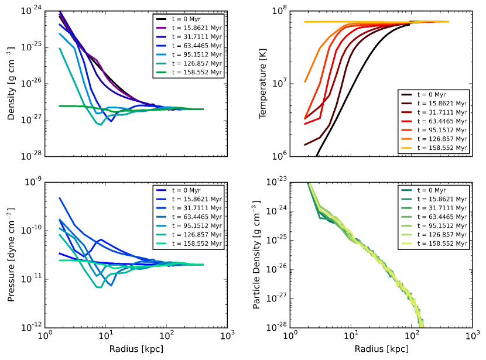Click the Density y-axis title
tap(11, 84)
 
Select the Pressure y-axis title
tap(11, 255)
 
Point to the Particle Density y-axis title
tap(256, 255)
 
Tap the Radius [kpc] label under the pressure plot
tap(136, 349)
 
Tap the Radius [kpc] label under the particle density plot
tap(382, 349)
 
